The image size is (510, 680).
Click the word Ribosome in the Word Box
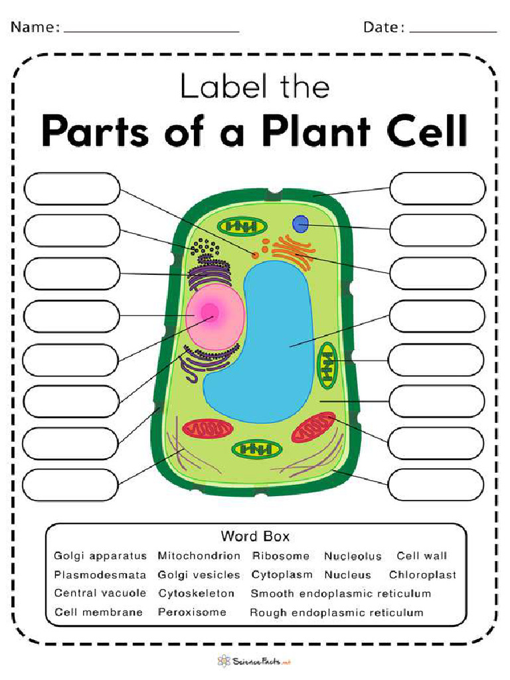point(280,556)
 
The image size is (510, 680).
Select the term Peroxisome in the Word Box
point(192,612)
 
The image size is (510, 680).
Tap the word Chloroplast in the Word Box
point(422,574)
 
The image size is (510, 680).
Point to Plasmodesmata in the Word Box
point(100,574)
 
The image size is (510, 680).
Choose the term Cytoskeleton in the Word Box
point(196,593)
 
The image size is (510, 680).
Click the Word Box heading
point(255,536)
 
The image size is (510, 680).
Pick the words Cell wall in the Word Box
point(422,556)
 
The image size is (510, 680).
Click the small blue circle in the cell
point(301,224)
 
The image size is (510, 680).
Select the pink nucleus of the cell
point(214,316)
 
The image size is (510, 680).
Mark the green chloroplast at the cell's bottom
point(256,450)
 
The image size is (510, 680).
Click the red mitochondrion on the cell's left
point(207,428)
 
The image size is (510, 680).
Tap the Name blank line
point(151,29)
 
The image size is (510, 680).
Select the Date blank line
point(453,29)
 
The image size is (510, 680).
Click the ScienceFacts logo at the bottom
point(254,661)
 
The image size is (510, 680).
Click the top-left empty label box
point(72,188)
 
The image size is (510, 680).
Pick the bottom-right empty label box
point(436,484)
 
